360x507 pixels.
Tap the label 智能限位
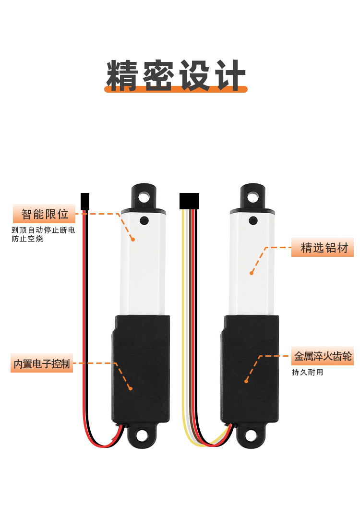45,214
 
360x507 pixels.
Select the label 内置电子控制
42,364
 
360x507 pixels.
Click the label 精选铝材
324,248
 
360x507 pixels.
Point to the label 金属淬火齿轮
323,357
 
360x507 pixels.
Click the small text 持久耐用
308,372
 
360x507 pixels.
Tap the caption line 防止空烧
27,239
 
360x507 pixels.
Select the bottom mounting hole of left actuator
142,435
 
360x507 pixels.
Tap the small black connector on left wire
85,201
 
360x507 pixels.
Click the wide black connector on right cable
189,201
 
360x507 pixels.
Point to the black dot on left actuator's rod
144,221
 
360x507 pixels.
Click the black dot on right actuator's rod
253,221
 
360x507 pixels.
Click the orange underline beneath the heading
176,89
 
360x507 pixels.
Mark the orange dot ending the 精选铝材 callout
251,273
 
